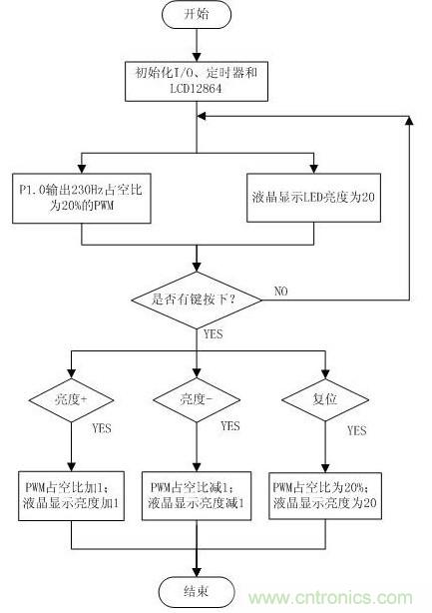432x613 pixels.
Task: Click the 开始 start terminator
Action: (x=196, y=16)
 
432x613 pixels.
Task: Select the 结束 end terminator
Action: (x=196, y=589)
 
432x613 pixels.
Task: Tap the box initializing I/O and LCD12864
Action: (x=196, y=81)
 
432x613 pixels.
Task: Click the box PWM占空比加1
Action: (x=74, y=495)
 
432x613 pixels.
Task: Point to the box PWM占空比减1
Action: (x=196, y=495)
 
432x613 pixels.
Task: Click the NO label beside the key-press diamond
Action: (x=282, y=293)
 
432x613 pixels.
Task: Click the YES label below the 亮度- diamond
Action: (x=228, y=426)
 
